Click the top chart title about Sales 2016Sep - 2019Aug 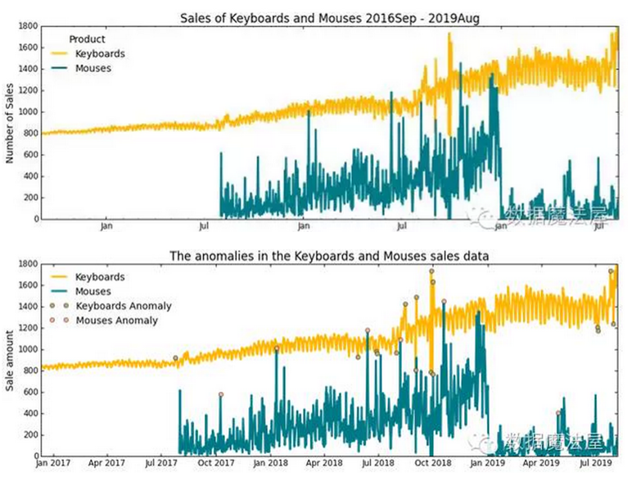pos(329,18)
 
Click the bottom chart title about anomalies pos(329,256)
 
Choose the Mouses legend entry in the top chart pos(93,68)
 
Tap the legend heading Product pos(87,39)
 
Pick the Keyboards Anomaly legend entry pos(124,306)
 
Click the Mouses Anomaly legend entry pos(117,320)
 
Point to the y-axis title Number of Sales pos(11,123)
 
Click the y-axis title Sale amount pos(11,361)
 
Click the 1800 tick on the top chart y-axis pos(26,26)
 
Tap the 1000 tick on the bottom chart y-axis pos(26,349)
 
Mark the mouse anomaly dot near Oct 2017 pos(220,394)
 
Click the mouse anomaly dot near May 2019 pos(558,413)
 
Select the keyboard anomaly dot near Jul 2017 pos(175,358)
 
